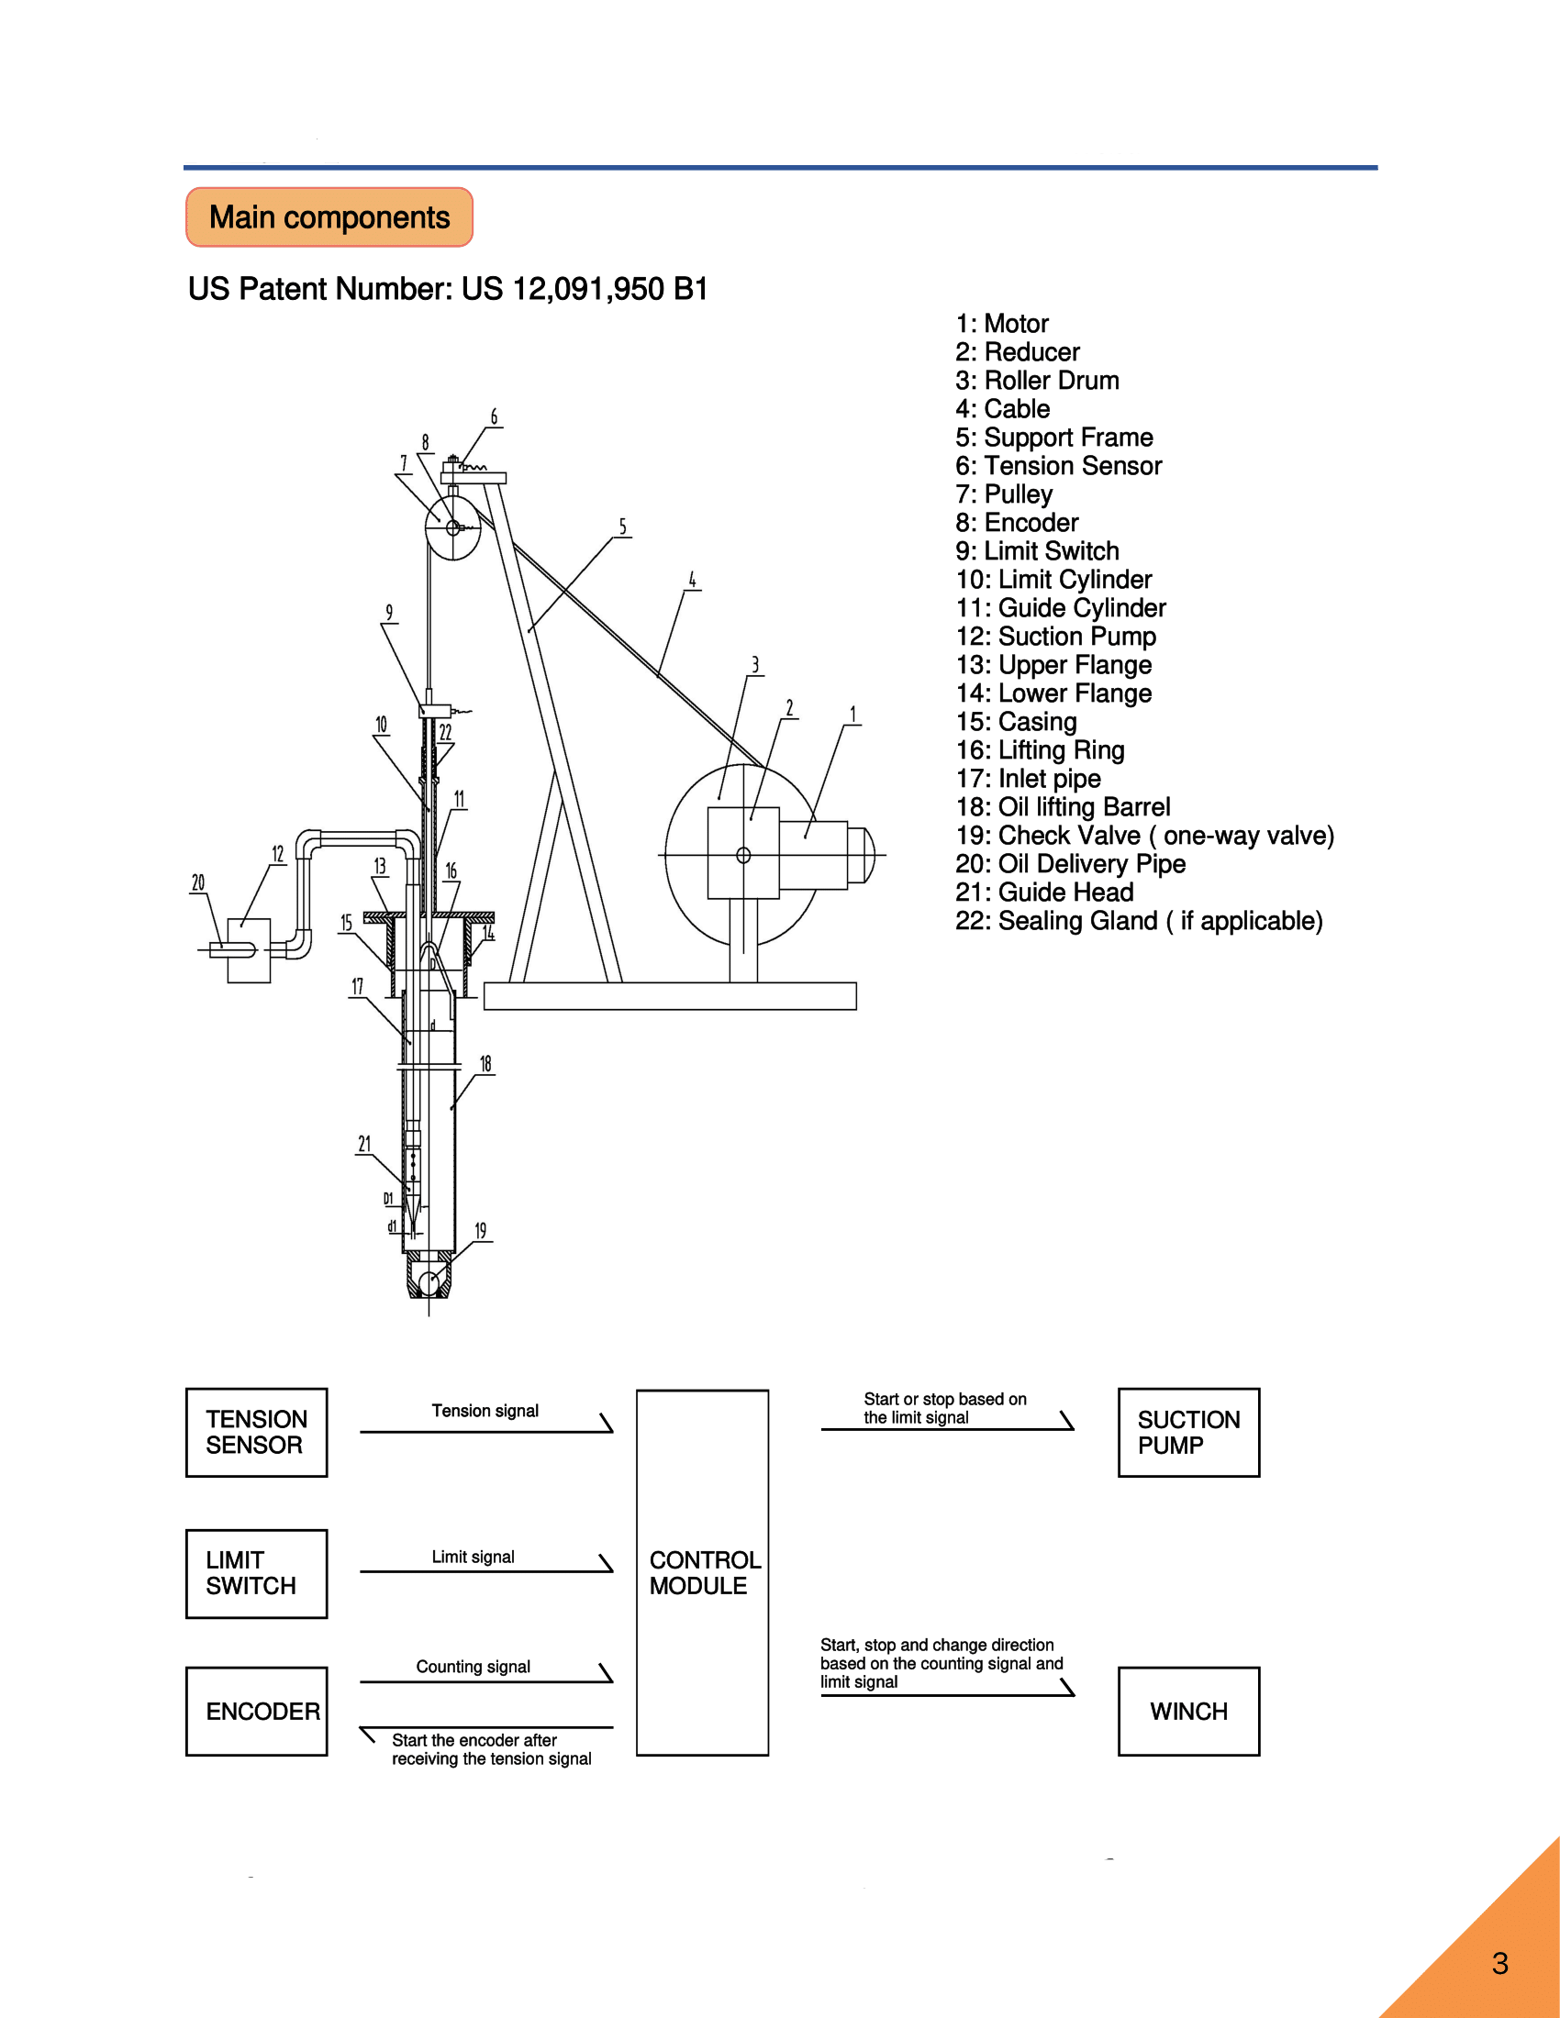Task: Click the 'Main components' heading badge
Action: click(329, 217)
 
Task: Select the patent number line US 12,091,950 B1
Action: click(448, 289)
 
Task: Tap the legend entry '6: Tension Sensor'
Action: click(1058, 466)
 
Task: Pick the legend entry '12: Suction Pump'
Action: click(1055, 637)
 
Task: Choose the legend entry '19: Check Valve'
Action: click(1144, 836)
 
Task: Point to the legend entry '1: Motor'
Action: click(1002, 324)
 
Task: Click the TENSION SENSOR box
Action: click(257, 1432)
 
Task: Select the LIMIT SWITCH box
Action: click(257, 1573)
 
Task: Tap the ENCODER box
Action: click(257, 1712)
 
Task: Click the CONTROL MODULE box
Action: click(702, 1572)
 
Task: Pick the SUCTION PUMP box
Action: click(1188, 1432)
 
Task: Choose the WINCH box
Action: click(1188, 1712)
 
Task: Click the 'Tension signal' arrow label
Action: click(485, 1411)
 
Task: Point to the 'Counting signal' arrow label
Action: click(474, 1667)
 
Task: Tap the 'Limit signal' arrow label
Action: click(474, 1557)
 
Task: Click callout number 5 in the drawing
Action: click(623, 527)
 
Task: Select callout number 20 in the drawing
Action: click(198, 882)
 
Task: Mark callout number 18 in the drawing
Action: click(485, 1063)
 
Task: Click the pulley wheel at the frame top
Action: click(452, 527)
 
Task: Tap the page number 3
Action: click(1500, 1963)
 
